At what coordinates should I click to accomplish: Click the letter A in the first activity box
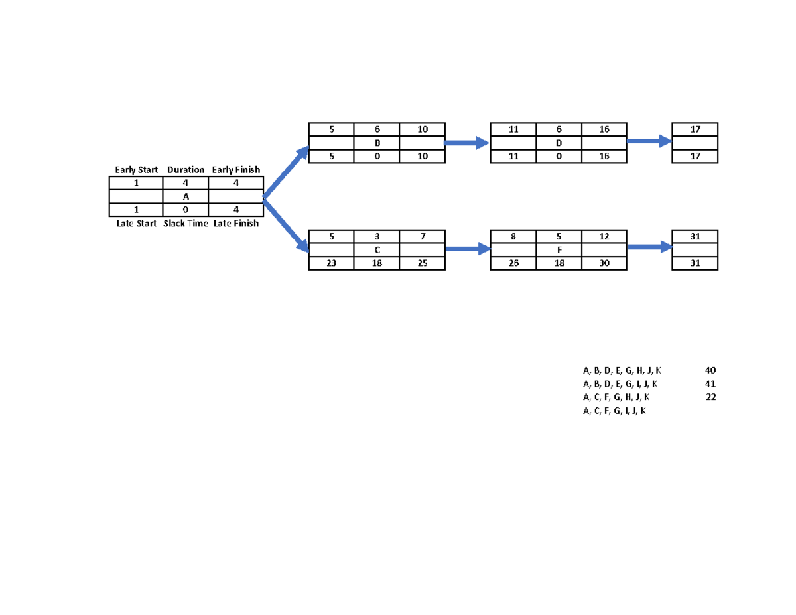point(186,196)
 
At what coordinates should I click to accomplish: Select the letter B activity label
point(377,143)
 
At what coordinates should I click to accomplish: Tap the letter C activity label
point(377,250)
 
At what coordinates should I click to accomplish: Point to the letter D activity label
point(559,143)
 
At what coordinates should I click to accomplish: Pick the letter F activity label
point(559,250)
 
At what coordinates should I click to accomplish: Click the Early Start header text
point(136,170)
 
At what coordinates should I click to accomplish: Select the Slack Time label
point(186,224)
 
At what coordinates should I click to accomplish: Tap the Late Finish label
point(236,224)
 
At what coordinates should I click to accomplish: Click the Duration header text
point(186,170)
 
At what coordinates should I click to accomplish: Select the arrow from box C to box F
point(467,249)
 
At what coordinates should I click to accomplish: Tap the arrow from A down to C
point(287,224)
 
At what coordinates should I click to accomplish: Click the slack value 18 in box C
point(377,263)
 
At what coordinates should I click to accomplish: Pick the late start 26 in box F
point(513,263)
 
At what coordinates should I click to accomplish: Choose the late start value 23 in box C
point(331,263)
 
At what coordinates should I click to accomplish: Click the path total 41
point(710,384)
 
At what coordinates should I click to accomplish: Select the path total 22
point(710,397)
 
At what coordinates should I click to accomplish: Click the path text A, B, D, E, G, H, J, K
point(622,370)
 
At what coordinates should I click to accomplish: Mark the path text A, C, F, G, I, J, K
point(614,411)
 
